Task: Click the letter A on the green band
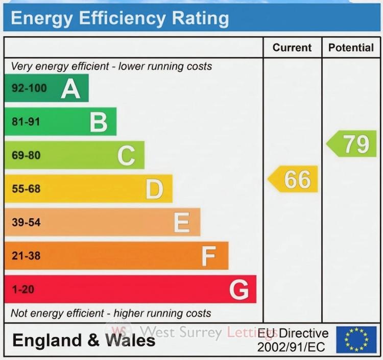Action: click(71, 89)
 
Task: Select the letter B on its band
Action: click(99, 123)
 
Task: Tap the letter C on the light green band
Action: click(126, 156)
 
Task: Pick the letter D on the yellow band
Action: click(154, 189)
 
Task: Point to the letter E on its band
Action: click(182, 223)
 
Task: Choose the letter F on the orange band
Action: click(208, 256)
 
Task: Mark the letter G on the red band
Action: click(239, 290)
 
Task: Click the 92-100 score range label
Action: click(29, 88)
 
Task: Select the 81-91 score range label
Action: click(26, 122)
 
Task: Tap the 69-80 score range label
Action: click(26, 156)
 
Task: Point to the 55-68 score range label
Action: click(26, 189)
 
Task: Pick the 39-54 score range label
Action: click(26, 223)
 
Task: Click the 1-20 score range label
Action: click(22, 290)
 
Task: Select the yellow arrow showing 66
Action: click(294, 179)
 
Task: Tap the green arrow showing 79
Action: click(352, 144)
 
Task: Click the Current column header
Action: click(292, 47)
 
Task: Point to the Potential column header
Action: click(351, 47)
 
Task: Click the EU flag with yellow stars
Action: click(356, 340)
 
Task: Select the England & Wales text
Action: click(84, 341)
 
